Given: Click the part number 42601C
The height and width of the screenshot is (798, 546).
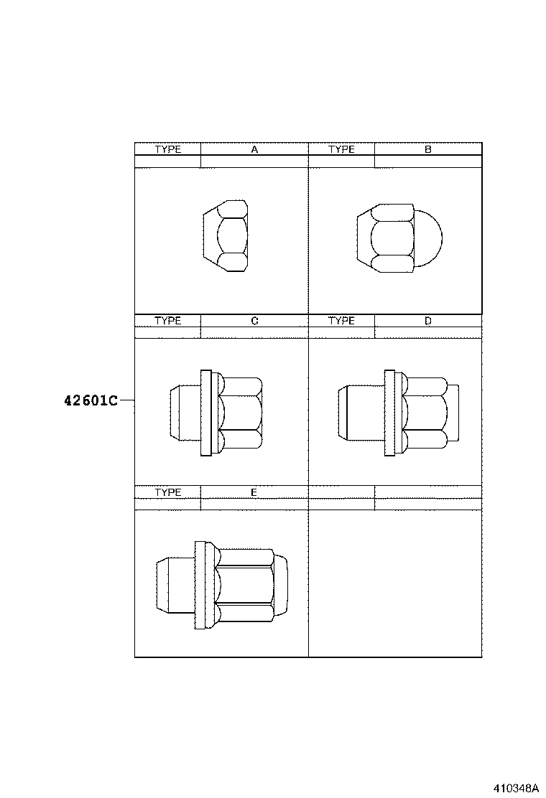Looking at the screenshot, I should tap(90, 401).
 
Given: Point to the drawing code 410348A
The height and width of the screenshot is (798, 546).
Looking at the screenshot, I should tap(515, 787).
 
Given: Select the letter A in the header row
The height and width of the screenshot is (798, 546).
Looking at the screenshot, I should tap(254, 149).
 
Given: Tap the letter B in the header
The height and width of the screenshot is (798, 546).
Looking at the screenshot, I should tap(427, 149).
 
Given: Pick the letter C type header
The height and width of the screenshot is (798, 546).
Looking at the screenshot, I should tap(254, 321).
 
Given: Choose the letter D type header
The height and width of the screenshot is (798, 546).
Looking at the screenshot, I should tap(427, 321).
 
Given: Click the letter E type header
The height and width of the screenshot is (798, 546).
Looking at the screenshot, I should tap(254, 492).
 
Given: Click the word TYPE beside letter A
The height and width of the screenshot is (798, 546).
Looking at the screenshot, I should tap(168, 149).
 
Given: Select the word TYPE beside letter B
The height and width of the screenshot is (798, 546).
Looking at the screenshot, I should tap(342, 149).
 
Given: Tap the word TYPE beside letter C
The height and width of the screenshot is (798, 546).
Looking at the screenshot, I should tap(168, 321).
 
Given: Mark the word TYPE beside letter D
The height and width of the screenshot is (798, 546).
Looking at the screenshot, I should tap(342, 321).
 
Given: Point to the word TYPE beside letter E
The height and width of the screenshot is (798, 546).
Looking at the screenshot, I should tap(168, 492).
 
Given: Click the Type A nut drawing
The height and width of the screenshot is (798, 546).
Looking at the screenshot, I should tap(226, 236).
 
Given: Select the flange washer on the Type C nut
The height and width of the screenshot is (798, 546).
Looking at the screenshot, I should tap(206, 413).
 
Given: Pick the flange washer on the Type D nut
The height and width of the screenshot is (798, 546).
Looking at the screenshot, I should tap(390, 413).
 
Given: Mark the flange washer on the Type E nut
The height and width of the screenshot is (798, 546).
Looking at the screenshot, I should tap(200, 585).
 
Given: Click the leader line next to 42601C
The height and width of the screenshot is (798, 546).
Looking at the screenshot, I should tap(126, 401).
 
